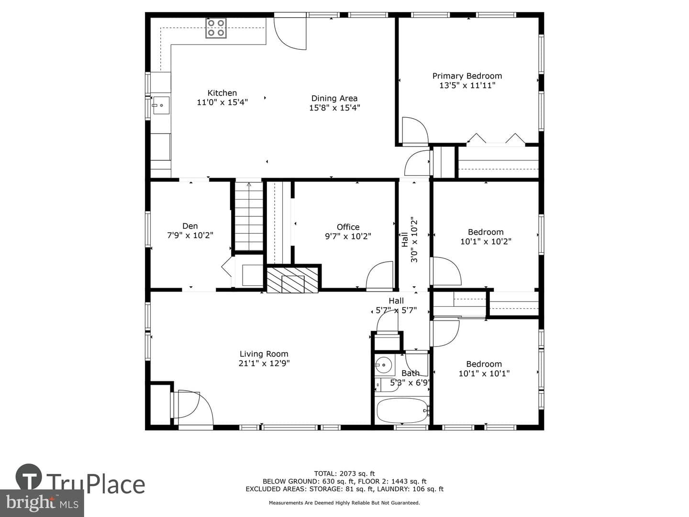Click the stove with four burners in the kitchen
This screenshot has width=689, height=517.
pyautogui.click(x=216, y=28)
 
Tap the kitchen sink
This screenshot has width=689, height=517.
pyautogui.click(x=161, y=105)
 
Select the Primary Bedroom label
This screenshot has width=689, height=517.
pyautogui.click(x=467, y=76)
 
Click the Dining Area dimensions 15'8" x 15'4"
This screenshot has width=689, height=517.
pyautogui.click(x=334, y=108)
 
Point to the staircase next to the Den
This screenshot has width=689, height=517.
pyautogui.click(x=249, y=216)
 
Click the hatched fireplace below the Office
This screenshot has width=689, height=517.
pyautogui.click(x=292, y=281)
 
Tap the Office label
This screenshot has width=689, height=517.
pyautogui.click(x=348, y=227)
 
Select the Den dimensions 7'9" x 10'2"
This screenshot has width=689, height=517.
pyautogui.click(x=190, y=236)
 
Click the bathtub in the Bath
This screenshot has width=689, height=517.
pyautogui.click(x=402, y=411)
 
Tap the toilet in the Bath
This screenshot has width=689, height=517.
pyautogui.click(x=387, y=385)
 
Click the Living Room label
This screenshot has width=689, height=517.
pyautogui.click(x=264, y=354)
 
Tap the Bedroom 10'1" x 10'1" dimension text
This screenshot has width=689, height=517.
pyautogui.click(x=484, y=373)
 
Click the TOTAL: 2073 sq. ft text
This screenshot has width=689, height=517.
pyautogui.click(x=344, y=473)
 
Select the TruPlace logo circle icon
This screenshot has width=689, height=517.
pyautogui.click(x=29, y=477)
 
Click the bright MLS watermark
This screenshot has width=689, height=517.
pyautogui.click(x=42, y=503)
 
